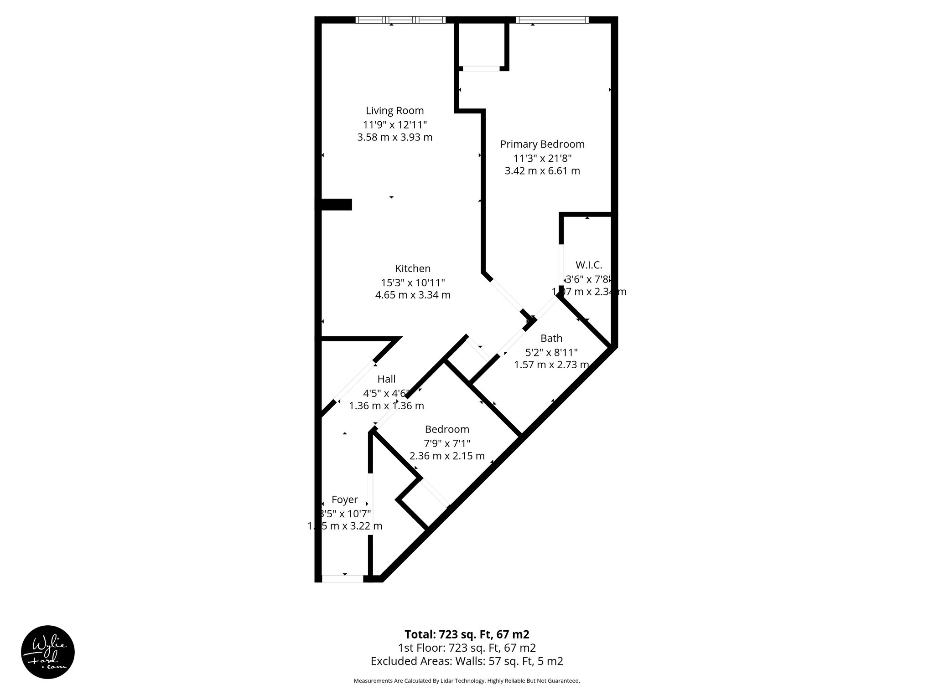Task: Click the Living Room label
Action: click(x=394, y=111)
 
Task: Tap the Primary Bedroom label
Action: click(x=542, y=144)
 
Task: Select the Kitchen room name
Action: click(x=413, y=269)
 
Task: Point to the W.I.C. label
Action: click(x=589, y=265)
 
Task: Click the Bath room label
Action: click(x=551, y=339)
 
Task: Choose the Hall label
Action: click(x=386, y=379)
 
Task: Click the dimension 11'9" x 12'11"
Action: click(x=394, y=124)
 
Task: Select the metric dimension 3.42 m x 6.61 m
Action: click(x=542, y=171)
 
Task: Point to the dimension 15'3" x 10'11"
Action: click(x=413, y=283)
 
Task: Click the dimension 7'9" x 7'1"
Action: click(x=447, y=443)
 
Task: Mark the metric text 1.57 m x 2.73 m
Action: click(x=551, y=365)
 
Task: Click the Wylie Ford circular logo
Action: click(x=48, y=652)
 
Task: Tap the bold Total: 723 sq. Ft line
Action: click(x=467, y=634)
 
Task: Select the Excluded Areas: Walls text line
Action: click(x=467, y=661)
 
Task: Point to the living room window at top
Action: click(x=400, y=20)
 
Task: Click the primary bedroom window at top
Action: click(x=552, y=20)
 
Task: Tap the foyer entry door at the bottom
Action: click(x=342, y=579)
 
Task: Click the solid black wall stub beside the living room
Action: click(x=337, y=205)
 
